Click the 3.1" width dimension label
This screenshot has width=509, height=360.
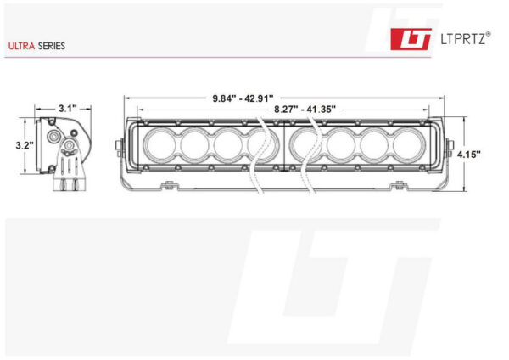(x=68, y=108)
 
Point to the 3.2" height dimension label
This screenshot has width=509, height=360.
(x=24, y=145)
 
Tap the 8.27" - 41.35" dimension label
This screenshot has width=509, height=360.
(x=305, y=109)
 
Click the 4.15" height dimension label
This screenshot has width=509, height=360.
(x=468, y=155)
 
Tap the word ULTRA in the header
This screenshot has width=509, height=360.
(x=21, y=46)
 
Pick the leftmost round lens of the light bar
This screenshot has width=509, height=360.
(x=160, y=145)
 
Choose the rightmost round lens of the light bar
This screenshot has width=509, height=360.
(x=409, y=145)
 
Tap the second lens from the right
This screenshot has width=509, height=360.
(x=376, y=145)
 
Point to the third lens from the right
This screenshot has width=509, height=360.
(x=342, y=145)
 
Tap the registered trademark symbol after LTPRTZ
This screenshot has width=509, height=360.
(x=488, y=34)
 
